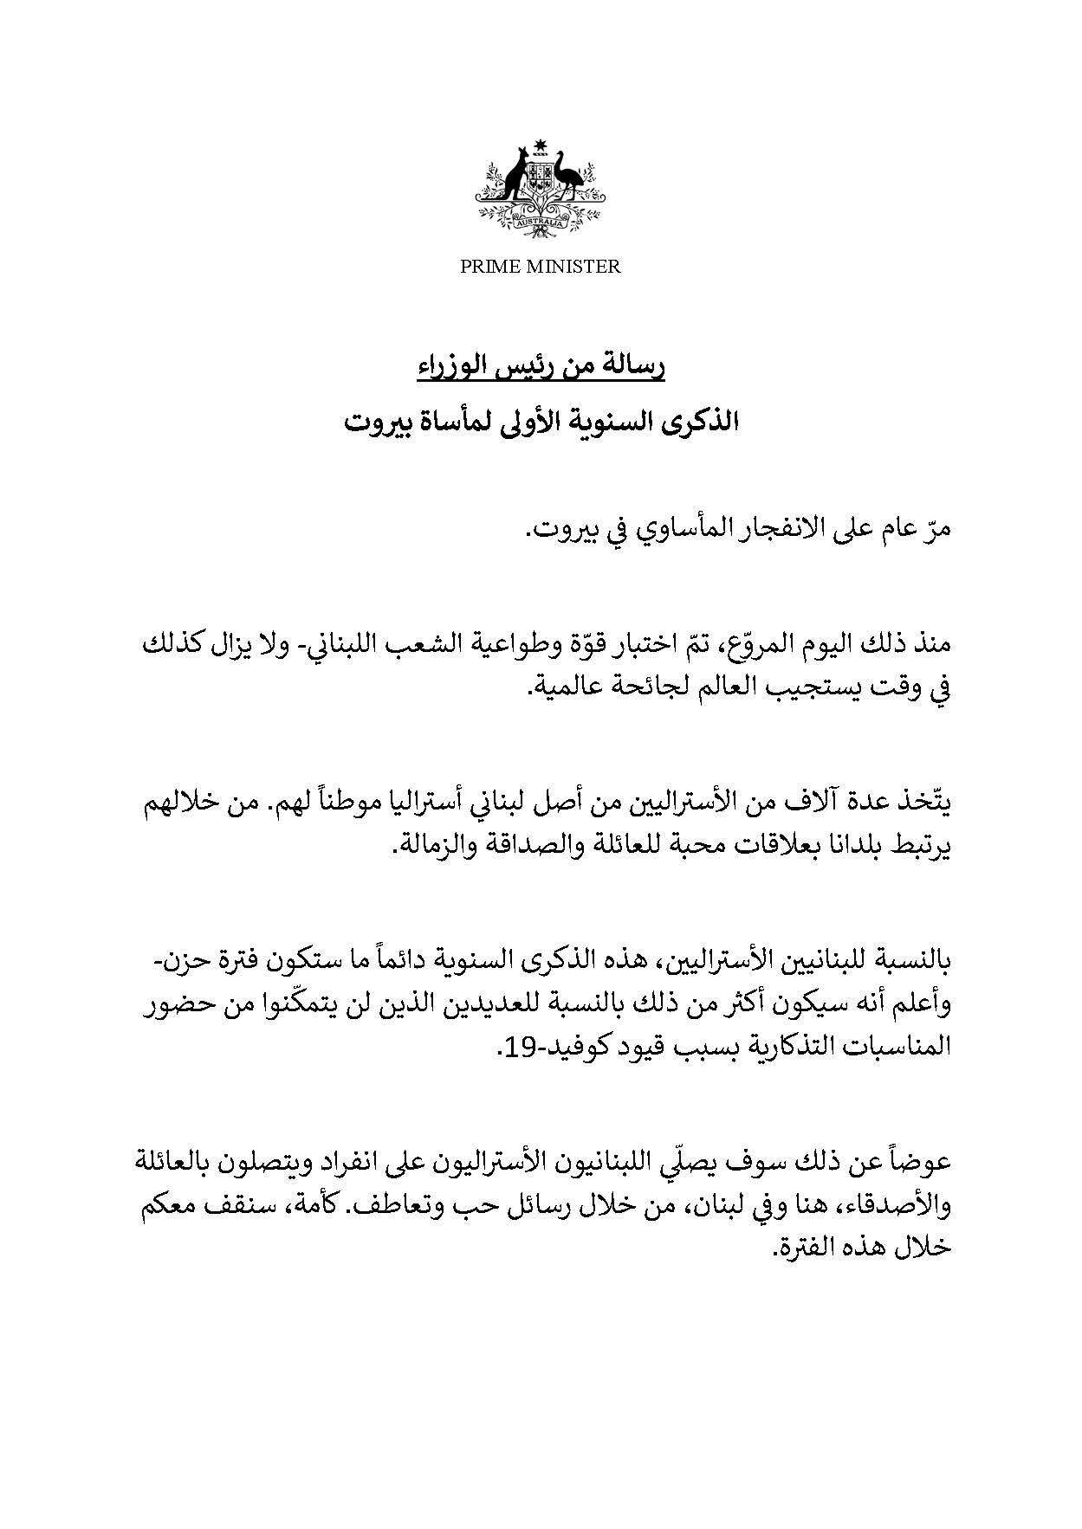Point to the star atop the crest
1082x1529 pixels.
pyautogui.click(x=542, y=143)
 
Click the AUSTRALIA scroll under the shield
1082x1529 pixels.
pyautogui.click(x=541, y=223)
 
